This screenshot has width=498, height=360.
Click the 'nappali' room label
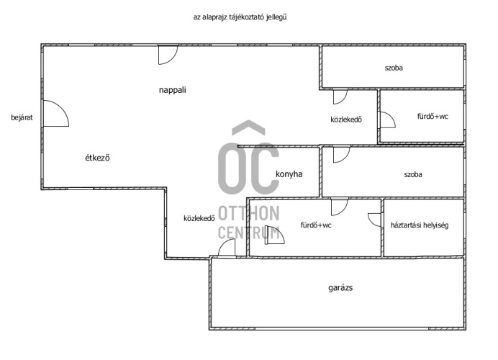point(173,90)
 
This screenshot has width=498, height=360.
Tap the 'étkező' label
point(97,158)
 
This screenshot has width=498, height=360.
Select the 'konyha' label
point(289,174)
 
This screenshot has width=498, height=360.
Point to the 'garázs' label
point(340,288)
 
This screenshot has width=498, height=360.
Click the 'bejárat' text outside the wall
point(22,117)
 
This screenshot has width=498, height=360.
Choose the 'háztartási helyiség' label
point(420,225)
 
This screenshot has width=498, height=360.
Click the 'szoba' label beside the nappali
point(394,68)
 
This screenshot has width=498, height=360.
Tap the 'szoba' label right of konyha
point(413,174)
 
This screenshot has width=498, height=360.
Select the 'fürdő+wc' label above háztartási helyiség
point(433,117)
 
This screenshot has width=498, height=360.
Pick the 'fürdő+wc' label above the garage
point(316,225)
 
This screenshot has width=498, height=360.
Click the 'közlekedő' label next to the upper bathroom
point(346,120)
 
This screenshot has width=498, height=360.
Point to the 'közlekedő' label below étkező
point(199,218)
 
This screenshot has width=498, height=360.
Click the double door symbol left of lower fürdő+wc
point(274,235)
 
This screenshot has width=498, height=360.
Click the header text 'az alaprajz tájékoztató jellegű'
point(240,17)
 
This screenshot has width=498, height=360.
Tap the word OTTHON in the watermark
point(249,213)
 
